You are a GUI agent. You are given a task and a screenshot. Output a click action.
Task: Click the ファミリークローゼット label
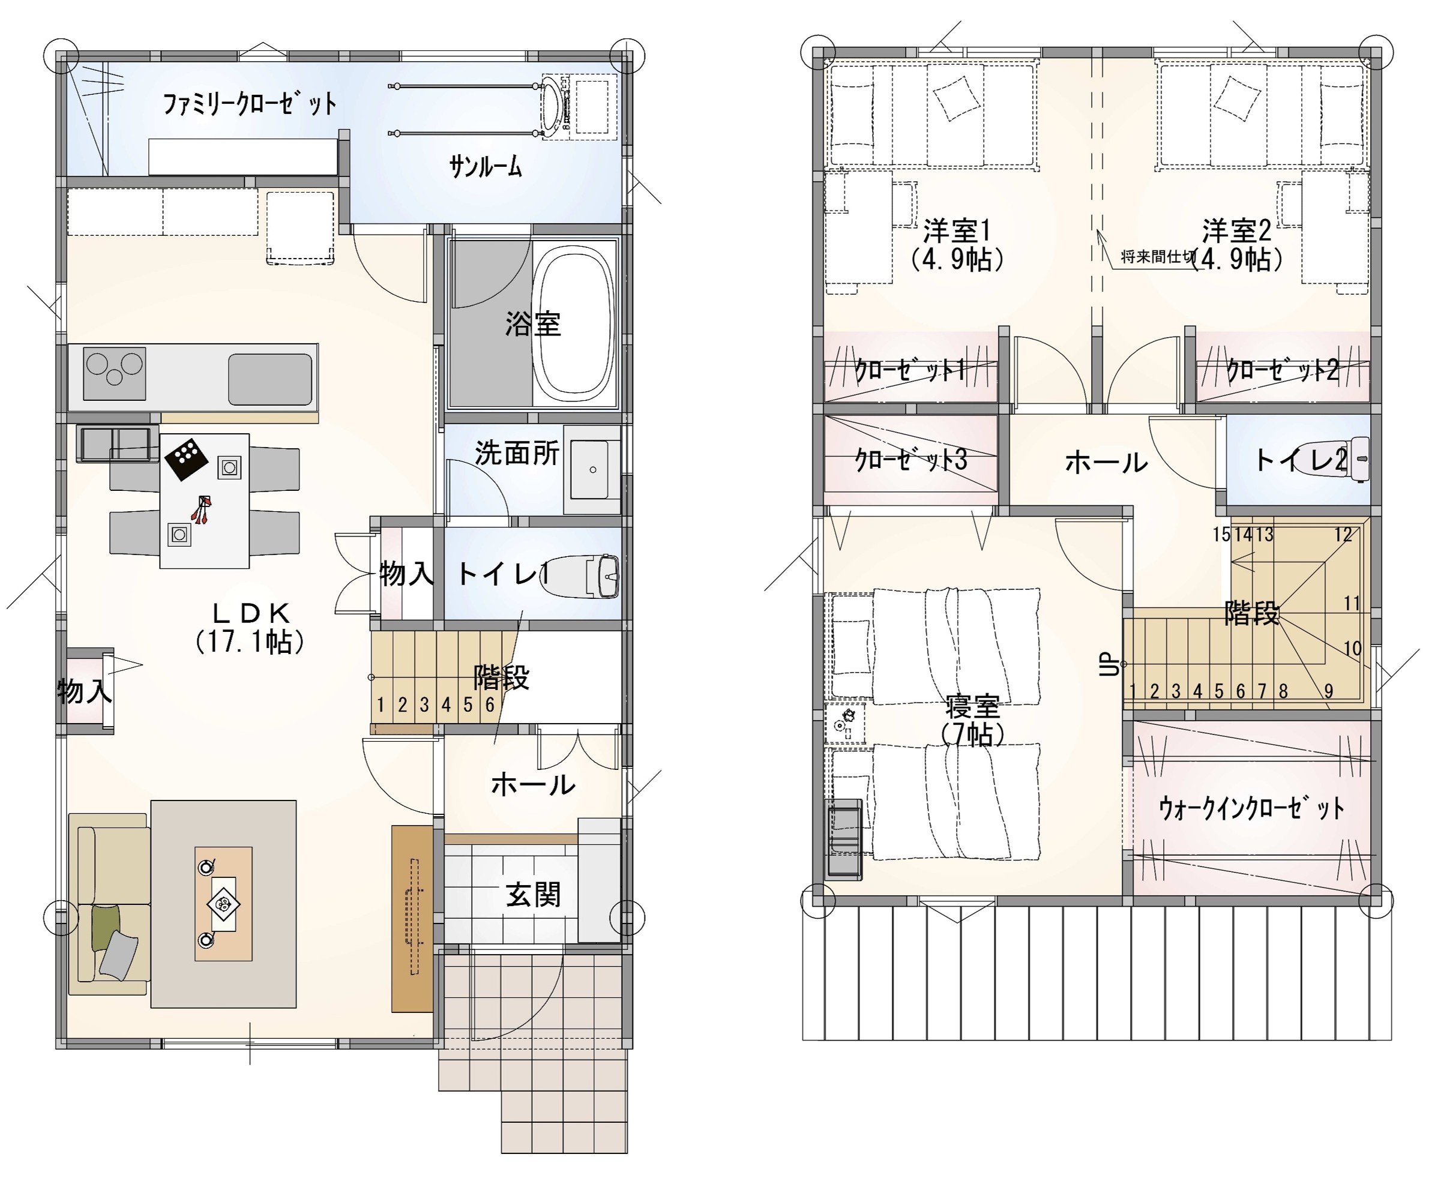point(250,104)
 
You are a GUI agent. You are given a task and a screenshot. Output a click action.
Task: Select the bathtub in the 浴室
point(574,323)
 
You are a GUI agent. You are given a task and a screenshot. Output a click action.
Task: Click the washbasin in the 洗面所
point(592,469)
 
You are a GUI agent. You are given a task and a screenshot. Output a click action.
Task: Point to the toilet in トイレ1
point(581,577)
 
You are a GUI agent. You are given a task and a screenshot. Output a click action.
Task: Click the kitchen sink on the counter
point(270,379)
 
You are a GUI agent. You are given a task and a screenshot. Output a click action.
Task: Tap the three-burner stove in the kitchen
point(114,373)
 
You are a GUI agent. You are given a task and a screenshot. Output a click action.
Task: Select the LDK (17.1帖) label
point(250,627)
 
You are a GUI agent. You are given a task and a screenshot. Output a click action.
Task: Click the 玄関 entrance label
point(533,894)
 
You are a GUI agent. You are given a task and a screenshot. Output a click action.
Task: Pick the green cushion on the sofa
point(105,927)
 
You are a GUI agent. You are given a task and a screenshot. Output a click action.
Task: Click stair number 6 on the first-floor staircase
point(490,705)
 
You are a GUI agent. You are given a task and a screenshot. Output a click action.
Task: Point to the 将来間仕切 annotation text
point(1158,257)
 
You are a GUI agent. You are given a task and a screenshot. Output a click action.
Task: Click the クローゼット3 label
point(910,460)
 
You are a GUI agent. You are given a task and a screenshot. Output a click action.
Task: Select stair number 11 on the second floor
point(1352,603)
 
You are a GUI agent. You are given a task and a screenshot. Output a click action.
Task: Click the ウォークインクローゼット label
point(1251,808)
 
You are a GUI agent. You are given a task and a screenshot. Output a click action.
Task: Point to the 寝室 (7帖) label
point(972,720)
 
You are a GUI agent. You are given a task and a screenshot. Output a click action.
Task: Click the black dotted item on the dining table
point(187,458)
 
